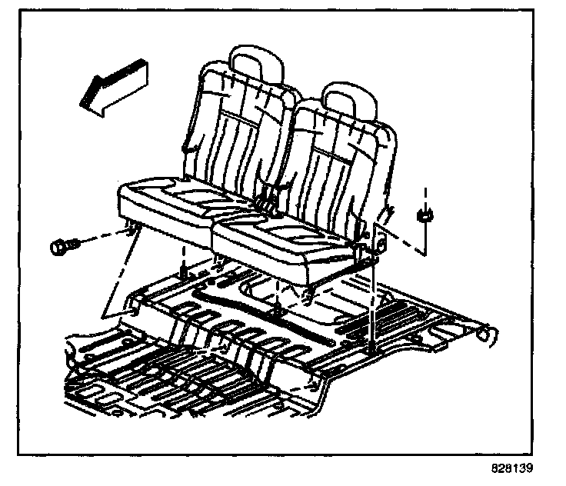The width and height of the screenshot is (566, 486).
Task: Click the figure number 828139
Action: pos(511,468)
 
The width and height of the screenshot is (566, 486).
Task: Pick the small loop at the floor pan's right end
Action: pos(484,332)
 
